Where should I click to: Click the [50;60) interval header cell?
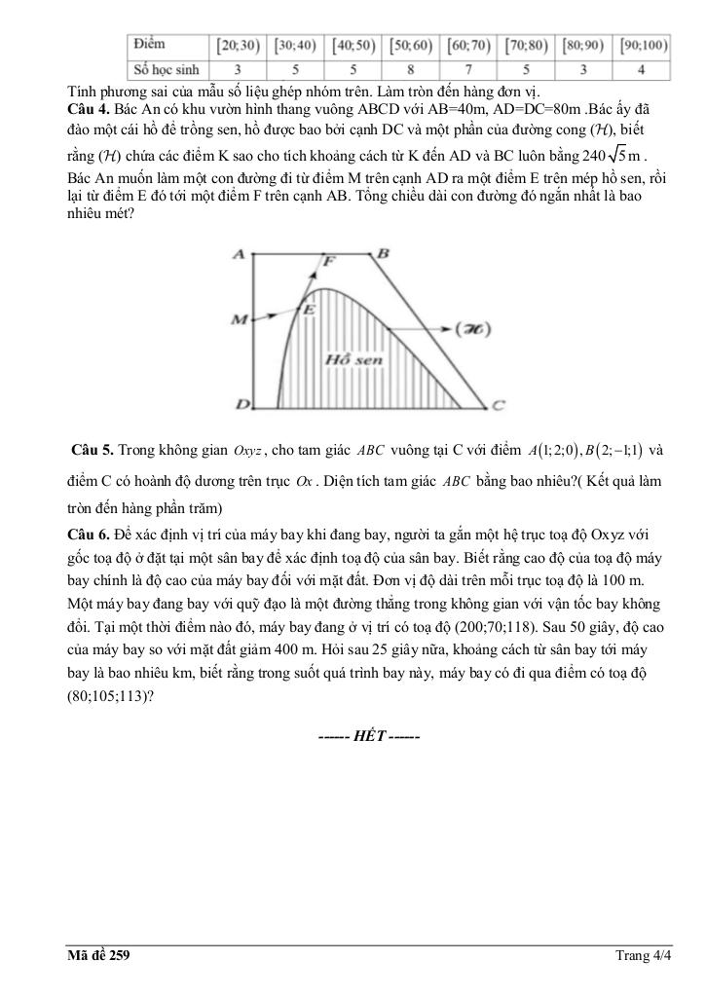(x=411, y=46)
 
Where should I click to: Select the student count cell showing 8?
(x=411, y=70)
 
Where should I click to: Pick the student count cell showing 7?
(x=468, y=70)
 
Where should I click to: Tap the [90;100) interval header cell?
(x=641, y=46)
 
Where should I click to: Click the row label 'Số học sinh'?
(x=167, y=70)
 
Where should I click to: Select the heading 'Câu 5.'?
(x=93, y=450)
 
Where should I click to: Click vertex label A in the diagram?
(x=238, y=253)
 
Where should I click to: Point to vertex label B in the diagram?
(x=384, y=253)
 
